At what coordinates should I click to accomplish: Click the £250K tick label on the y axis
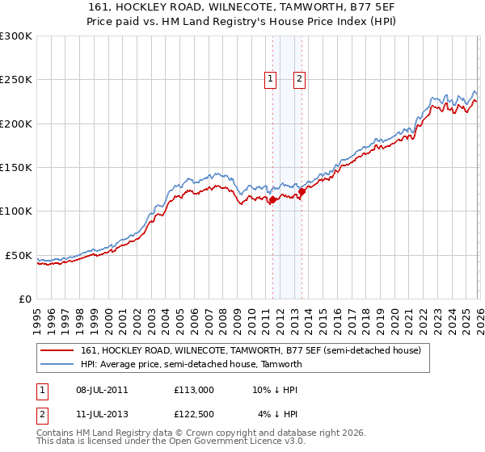[16, 80]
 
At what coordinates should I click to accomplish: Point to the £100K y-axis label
[16, 211]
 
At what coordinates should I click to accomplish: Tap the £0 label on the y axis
[26, 299]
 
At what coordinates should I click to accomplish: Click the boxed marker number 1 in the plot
[269, 79]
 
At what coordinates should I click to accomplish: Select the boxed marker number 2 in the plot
[299, 79]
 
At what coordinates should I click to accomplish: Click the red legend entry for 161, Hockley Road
[251, 351]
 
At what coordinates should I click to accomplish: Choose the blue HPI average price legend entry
[191, 364]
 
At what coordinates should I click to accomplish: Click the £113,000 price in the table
[194, 390]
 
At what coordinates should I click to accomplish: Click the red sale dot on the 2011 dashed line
[272, 199]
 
